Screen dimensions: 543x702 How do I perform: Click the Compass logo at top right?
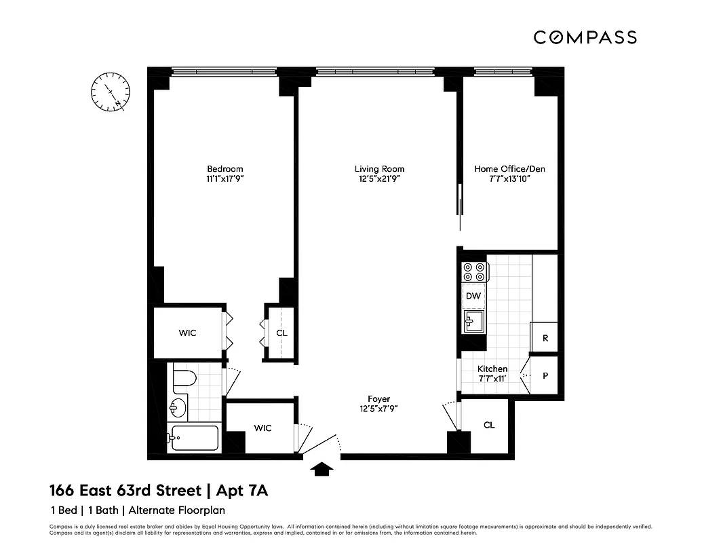[x=585, y=37]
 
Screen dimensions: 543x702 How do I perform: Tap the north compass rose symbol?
[x=111, y=92]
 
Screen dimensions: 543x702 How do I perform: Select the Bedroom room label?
[x=225, y=169]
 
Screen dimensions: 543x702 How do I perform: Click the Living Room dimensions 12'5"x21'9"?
[x=379, y=179]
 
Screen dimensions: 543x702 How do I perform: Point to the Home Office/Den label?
[x=509, y=169]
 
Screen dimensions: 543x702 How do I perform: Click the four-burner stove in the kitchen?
[x=474, y=271]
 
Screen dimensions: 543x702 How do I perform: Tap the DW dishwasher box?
[x=473, y=296]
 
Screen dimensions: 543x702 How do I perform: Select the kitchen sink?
[x=473, y=321]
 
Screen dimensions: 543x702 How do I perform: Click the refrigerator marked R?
[x=545, y=338]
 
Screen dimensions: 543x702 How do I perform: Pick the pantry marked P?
[x=545, y=375]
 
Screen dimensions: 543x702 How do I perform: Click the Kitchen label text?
[x=492, y=369]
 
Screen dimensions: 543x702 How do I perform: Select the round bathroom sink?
[x=178, y=407]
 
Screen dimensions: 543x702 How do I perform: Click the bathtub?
[x=194, y=438]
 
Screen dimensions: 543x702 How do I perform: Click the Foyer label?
[x=379, y=399]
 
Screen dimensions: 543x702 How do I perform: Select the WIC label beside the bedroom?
[x=187, y=333]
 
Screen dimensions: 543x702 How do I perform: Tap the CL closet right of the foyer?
[x=489, y=425]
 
